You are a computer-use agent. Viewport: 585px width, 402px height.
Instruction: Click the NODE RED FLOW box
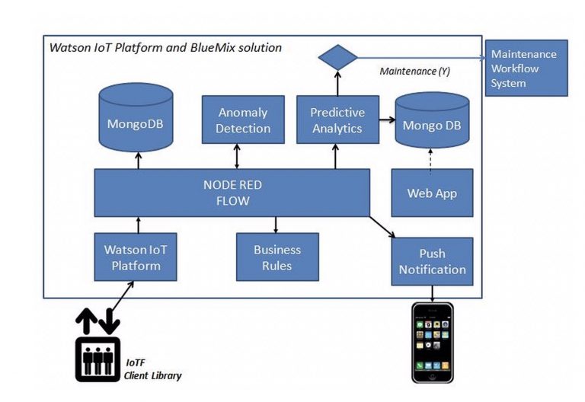click(x=232, y=193)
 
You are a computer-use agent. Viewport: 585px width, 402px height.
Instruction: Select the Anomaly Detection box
click(x=243, y=120)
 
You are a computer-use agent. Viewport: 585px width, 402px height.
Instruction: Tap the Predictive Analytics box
click(x=337, y=120)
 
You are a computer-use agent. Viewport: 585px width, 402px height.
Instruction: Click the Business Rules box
click(x=277, y=257)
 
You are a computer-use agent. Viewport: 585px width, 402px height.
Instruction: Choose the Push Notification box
click(x=432, y=261)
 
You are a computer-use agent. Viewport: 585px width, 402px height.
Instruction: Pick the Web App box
click(x=432, y=193)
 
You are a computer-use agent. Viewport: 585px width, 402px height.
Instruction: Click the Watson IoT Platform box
click(x=136, y=257)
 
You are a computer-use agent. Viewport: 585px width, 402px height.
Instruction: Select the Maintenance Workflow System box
click(x=526, y=69)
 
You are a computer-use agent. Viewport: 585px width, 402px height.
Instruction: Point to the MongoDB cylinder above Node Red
click(x=136, y=116)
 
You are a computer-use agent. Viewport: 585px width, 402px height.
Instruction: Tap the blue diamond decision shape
click(x=337, y=57)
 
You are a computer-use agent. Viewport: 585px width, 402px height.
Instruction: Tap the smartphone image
click(x=432, y=343)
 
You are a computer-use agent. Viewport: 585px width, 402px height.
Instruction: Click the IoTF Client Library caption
click(x=152, y=370)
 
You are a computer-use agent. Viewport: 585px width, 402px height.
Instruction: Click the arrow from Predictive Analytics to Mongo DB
click(x=387, y=120)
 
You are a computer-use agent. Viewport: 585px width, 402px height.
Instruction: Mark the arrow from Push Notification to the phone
click(x=432, y=293)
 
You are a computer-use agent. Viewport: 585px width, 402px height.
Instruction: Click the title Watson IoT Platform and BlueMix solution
click(x=165, y=47)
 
